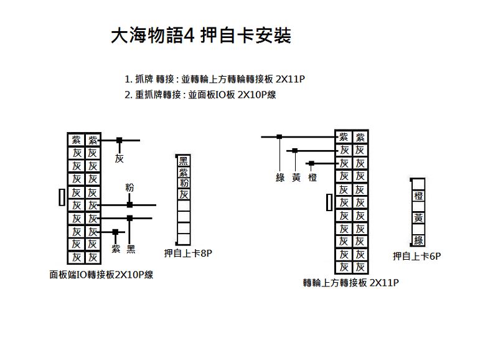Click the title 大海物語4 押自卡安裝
(x=200, y=36)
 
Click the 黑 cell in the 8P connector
(x=184, y=161)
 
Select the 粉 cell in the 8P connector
(x=184, y=183)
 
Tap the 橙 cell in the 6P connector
(x=418, y=196)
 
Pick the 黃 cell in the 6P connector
(x=418, y=218)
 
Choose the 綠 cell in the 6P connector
(x=418, y=240)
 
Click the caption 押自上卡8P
(x=188, y=253)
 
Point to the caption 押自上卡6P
(x=416, y=256)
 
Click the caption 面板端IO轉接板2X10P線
(x=101, y=275)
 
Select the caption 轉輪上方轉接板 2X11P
(x=350, y=283)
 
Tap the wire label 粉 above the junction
(x=129, y=187)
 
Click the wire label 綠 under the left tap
(x=280, y=178)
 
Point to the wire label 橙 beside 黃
(x=312, y=178)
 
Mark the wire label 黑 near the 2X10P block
(x=131, y=249)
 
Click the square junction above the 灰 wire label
(x=119, y=140)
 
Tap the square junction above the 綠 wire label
(x=279, y=136)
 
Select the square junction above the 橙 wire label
(x=312, y=163)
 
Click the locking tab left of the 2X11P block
(x=329, y=202)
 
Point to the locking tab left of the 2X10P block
(x=62, y=197)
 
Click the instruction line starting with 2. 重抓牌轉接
(x=200, y=95)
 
